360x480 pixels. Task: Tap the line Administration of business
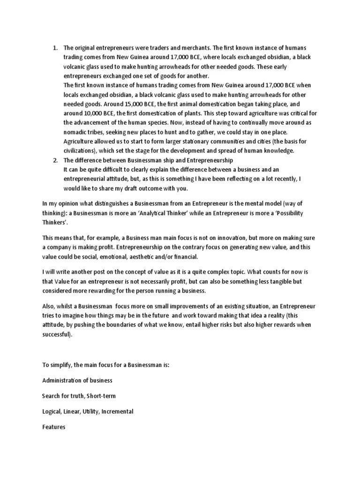point(77,380)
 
